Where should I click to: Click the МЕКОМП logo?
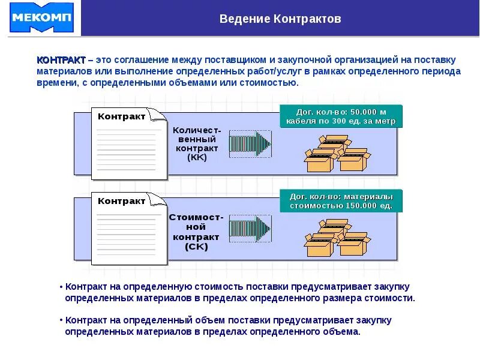[41, 18]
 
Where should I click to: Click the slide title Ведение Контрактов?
[280, 19]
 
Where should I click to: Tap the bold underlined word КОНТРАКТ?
[61, 61]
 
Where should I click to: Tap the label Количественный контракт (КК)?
[197, 143]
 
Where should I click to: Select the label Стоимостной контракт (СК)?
[196, 232]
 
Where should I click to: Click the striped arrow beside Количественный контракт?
[251, 143]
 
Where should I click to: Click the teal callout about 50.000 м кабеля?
[341, 116]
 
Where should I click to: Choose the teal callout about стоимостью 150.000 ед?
[341, 201]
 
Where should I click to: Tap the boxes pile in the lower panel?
[336, 238]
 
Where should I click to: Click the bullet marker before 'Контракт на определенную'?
[61, 287]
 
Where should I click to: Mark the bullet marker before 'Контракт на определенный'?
[61, 320]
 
